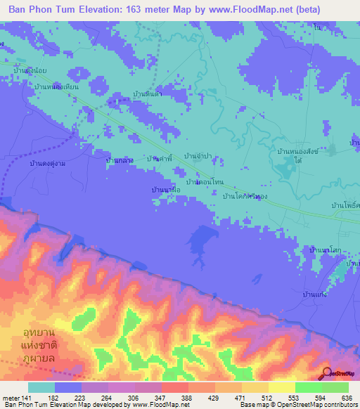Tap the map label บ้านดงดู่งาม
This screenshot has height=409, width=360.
pos(49,162)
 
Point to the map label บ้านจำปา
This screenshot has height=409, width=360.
pos(198,155)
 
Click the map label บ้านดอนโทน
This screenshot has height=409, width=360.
pos(205,181)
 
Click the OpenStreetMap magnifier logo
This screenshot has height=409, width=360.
pos(326,372)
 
